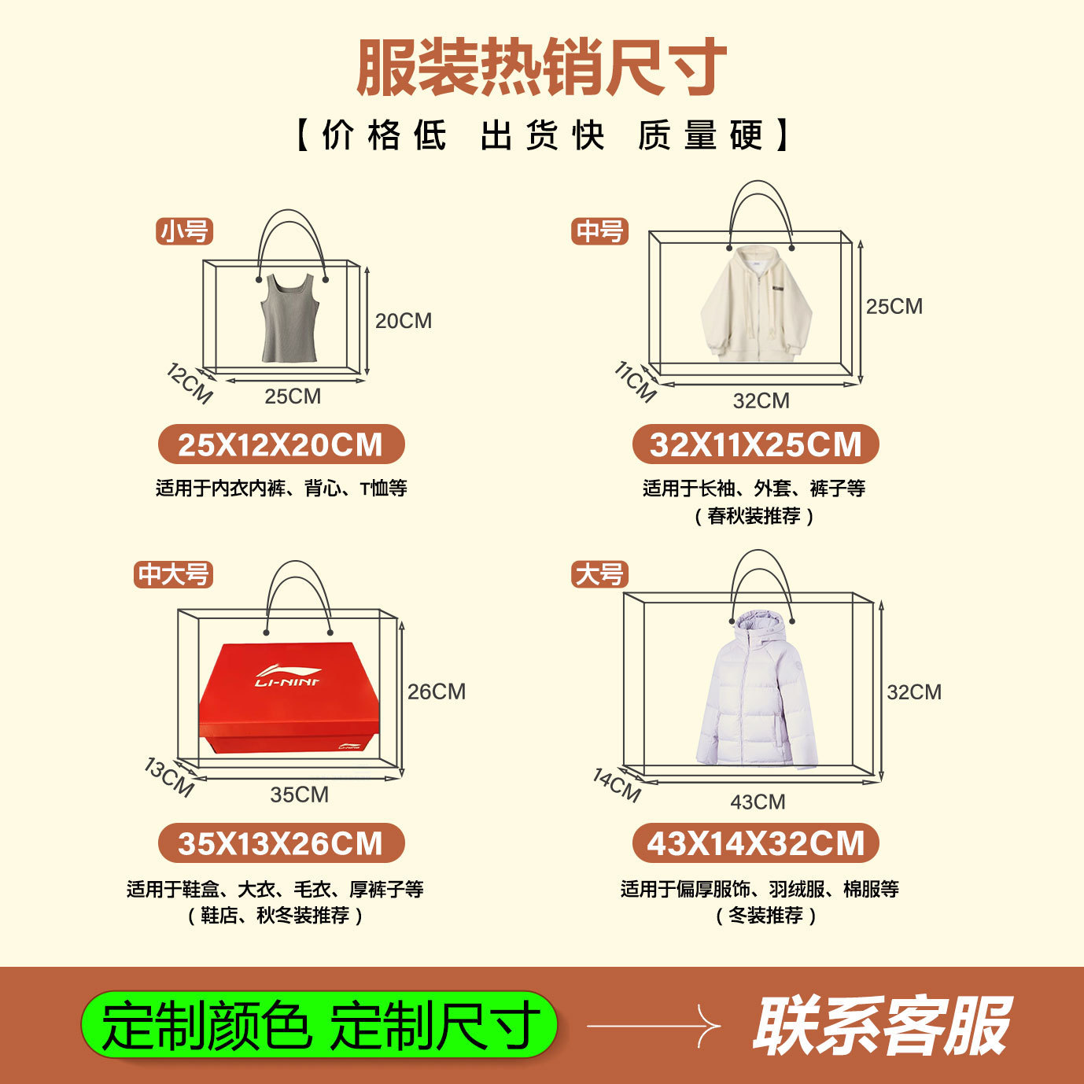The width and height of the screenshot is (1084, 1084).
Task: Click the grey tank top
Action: [290, 319]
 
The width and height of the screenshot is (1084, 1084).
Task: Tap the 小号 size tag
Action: [185, 231]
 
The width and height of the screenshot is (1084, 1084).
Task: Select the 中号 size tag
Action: [599, 231]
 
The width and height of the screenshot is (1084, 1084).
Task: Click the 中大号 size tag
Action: [173, 574]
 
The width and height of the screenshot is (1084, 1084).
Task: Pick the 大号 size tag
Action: [599, 574]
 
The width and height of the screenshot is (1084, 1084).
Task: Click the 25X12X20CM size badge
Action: [281, 444]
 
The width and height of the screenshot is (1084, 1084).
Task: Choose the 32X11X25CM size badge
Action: [755, 444]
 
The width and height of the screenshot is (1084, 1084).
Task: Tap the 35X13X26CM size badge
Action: [281, 843]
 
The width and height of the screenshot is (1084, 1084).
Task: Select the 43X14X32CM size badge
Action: [755, 844]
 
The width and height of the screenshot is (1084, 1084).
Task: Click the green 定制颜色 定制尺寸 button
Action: [319, 1025]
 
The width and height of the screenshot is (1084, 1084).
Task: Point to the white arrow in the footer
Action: [653, 1026]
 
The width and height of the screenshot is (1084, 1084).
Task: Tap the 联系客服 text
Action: [881, 1026]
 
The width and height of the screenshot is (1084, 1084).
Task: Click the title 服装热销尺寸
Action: [541, 68]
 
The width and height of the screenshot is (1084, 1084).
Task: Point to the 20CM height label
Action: [403, 321]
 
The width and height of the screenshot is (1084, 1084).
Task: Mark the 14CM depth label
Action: [617, 785]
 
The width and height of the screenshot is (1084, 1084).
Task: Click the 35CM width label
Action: [299, 795]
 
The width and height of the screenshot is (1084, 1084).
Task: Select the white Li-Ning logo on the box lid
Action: [287, 677]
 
